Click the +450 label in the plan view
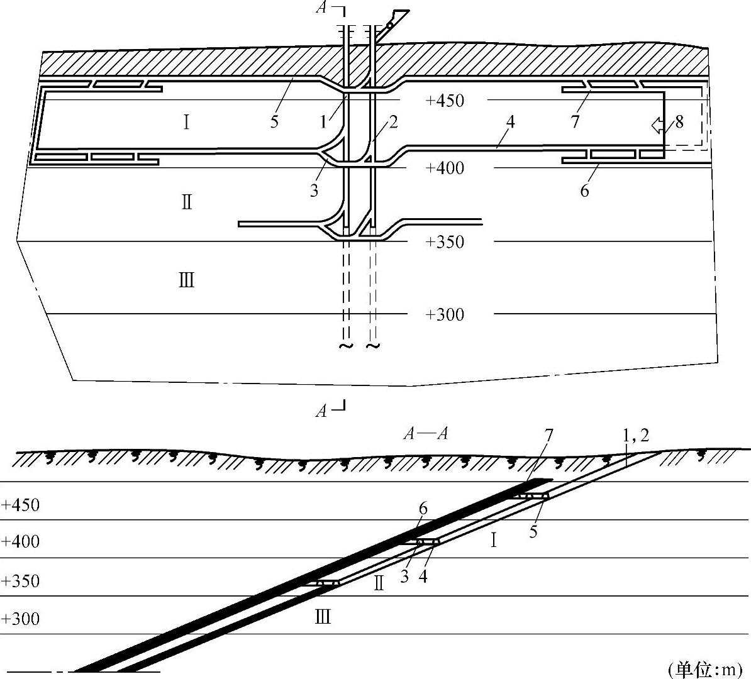[445, 101]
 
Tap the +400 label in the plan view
[445, 168]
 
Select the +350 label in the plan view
[445, 242]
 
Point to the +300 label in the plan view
[445, 314]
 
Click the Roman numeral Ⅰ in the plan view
[186, 122]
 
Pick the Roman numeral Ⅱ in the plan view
[186, 202]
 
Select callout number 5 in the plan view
[274, 121]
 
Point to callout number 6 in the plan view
[584, 190]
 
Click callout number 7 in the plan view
[575, 121]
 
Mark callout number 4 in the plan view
[510, 121]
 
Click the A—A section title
[425, 434]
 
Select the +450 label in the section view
[20, 505]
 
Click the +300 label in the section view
[20, 619]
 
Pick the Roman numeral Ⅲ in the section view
[323, 617]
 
